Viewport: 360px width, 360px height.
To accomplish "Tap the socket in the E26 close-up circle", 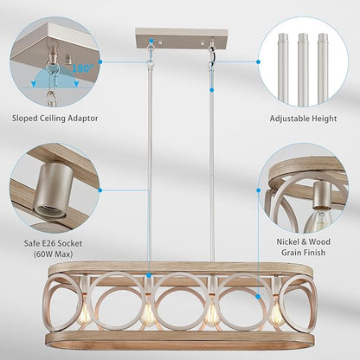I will (48, 196).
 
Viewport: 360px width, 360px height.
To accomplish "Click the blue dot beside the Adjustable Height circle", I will (260, 62).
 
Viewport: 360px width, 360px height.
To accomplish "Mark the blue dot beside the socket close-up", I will (100, 189).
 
